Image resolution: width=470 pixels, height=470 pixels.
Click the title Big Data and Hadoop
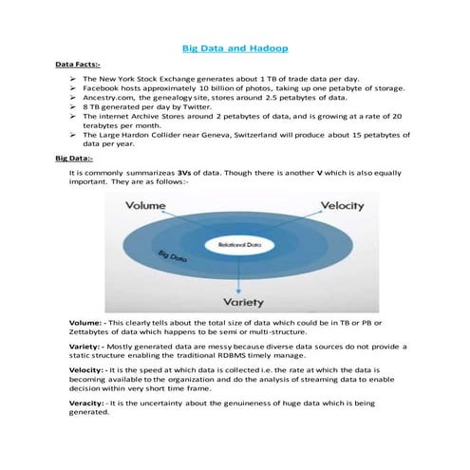point(235,47)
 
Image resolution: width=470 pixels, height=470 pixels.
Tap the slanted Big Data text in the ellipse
point(174,256)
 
